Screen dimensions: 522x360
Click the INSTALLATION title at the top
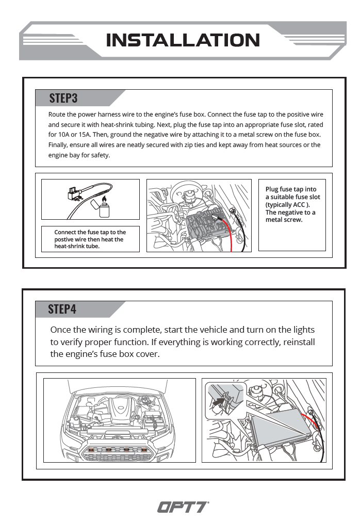(183, 40)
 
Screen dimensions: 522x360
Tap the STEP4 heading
(62, 309)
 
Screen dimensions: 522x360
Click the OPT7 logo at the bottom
(183, 508)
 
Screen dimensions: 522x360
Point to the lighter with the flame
(105, 208)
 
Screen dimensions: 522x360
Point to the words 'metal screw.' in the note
(284, 220)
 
